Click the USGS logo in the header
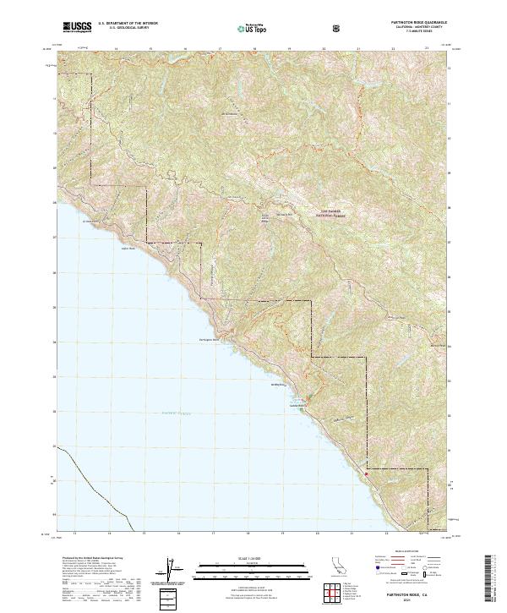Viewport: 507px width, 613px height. (x=78, y=27)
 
